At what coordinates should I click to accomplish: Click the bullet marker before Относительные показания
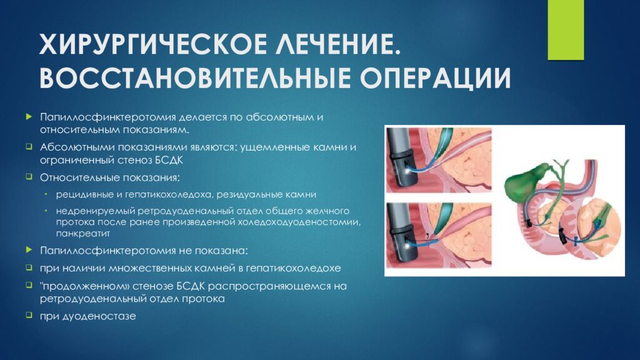coord(29,177)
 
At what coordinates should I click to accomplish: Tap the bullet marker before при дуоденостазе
coord(29,316)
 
